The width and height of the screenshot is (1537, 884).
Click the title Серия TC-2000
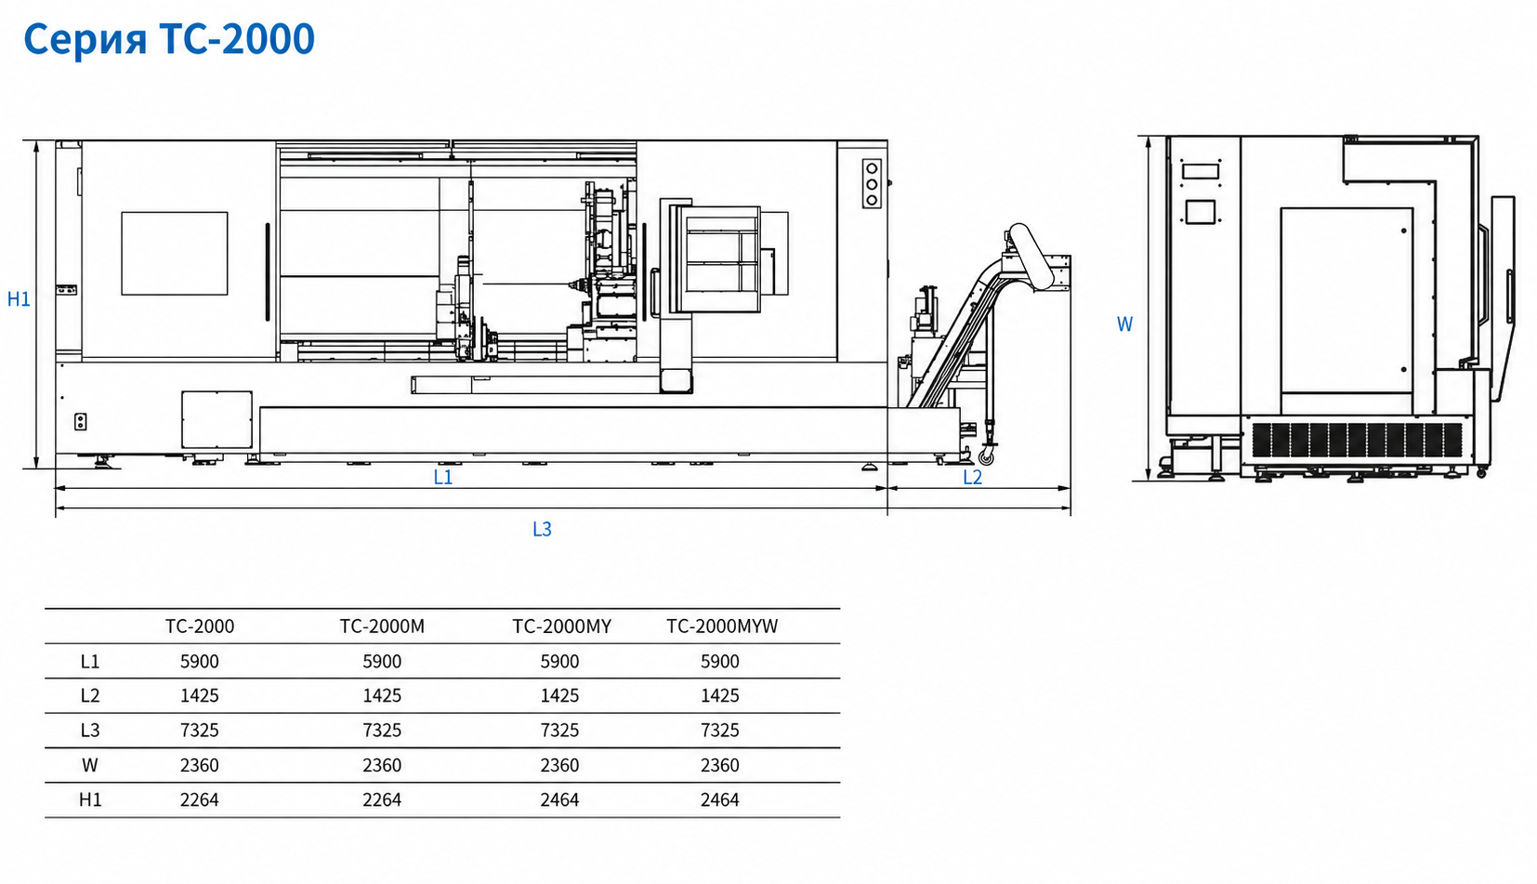[169, 38]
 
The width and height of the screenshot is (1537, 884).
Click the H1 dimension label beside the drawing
[19, 299]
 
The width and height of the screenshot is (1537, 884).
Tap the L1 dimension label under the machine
[443, 477]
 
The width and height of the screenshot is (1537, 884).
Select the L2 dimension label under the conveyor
[972, 477]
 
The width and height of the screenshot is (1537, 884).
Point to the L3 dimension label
[542, 529]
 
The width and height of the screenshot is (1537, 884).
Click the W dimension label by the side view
[1123, 324]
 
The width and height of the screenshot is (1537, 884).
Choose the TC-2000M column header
[382, 626]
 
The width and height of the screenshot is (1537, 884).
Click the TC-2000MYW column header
[722, 626]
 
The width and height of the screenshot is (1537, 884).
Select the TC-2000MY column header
[561, 626]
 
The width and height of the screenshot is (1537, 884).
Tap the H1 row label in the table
[90, 799]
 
